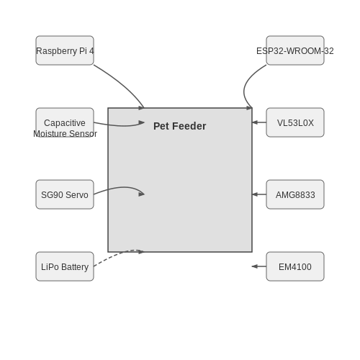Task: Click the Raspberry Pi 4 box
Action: [x=65, y=50]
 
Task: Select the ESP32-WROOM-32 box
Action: [x=295, y=50]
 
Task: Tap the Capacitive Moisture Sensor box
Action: [x=65, y=122]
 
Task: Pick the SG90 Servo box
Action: [x=65, y=194]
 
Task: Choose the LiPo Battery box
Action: [x=65, y=266]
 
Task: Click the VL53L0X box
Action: [x=295, y=122]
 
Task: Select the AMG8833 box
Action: [x=295, y=194]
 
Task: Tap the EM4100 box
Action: [x=295, y=266]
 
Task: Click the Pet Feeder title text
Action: [x=180, y=126]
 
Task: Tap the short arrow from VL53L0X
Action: [x=259, y=122]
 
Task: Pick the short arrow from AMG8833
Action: [x=259, y=194]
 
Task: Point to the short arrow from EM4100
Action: [x=259, y=266]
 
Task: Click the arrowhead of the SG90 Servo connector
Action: [x=142, y=194]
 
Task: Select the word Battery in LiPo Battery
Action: [x=75, y=267]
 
